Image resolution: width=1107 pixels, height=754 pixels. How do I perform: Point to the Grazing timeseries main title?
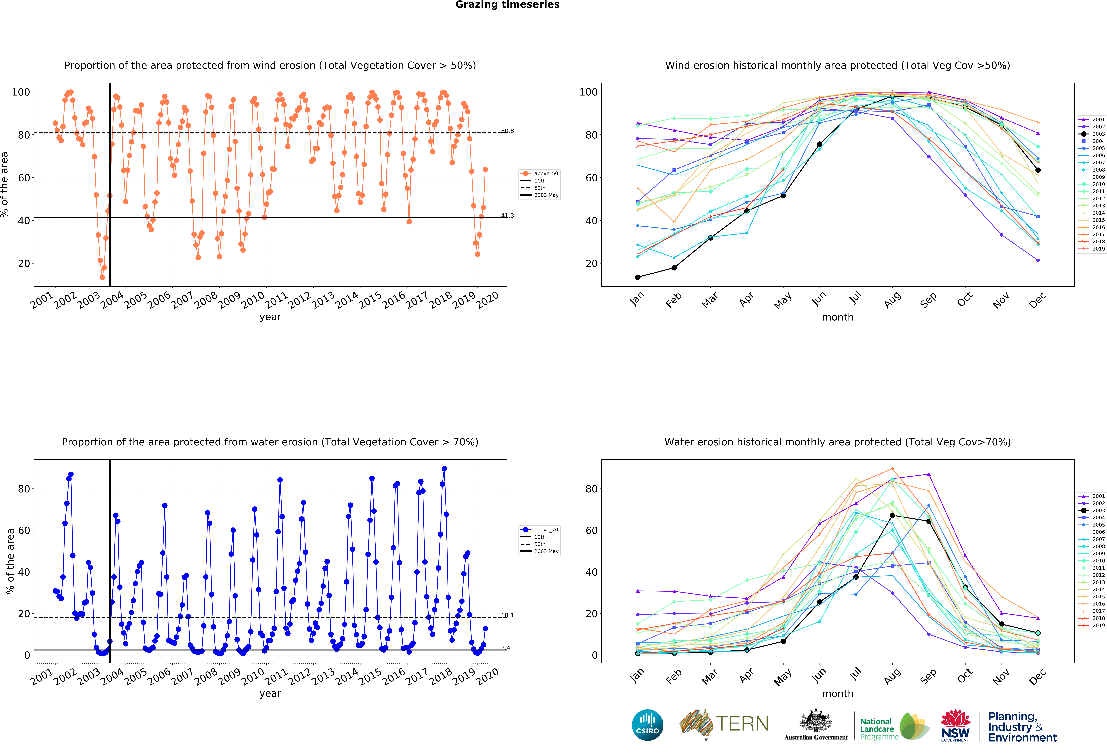click(x=507, y=5)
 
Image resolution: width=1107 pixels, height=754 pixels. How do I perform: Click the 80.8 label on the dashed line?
click(x=507, y=131)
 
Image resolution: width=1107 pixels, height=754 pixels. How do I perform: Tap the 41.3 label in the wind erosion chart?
click(x=507, y=216)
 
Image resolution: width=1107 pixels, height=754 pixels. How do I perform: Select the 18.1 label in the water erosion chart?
click(x=507, y=616)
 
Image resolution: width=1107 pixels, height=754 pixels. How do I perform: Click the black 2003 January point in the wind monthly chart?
click(x=638, y=277)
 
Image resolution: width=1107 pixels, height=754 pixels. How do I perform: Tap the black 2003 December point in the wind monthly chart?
click(x=1038, y=170)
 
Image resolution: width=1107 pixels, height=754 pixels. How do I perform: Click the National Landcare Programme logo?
click(x=894, y=726)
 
